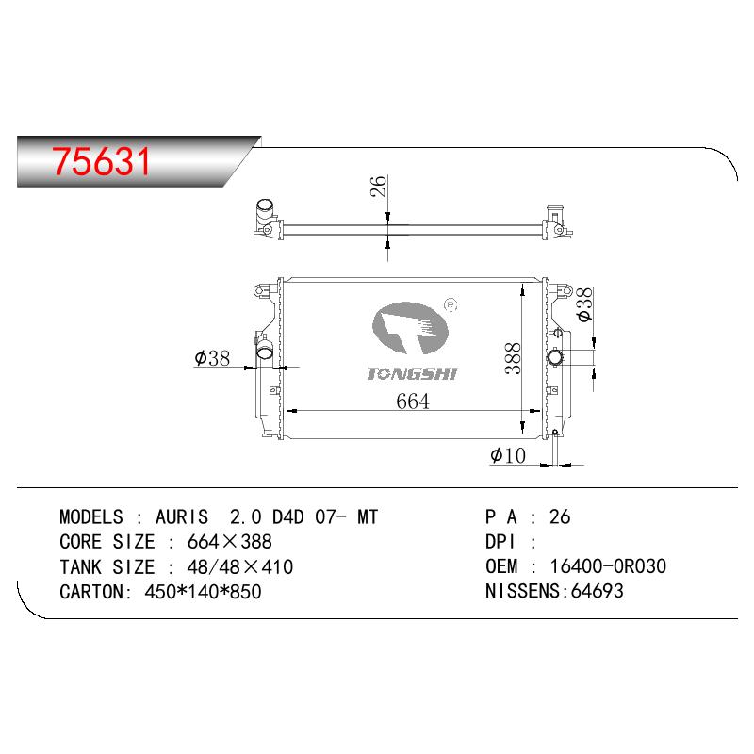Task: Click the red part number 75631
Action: (102, 161)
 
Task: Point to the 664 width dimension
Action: (413, 402)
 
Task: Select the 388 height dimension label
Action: (513, 358)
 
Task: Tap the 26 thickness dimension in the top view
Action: (379, 186)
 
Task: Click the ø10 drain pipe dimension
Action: (508, 455)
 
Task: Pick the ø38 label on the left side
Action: (212, 358)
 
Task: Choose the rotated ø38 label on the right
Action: (584, 304)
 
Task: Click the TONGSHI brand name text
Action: (412, 374)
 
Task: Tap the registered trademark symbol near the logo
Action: (451, 304)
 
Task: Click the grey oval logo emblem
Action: (410, 328)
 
